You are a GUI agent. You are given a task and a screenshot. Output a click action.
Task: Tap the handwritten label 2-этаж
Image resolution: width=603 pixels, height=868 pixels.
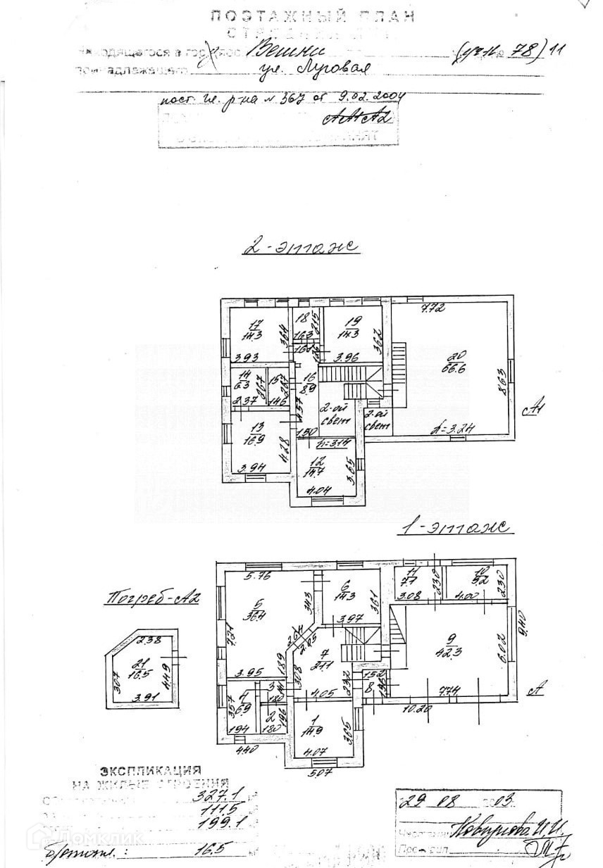300,247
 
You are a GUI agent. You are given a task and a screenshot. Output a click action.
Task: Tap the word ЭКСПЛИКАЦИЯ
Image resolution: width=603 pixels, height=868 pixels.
150,771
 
